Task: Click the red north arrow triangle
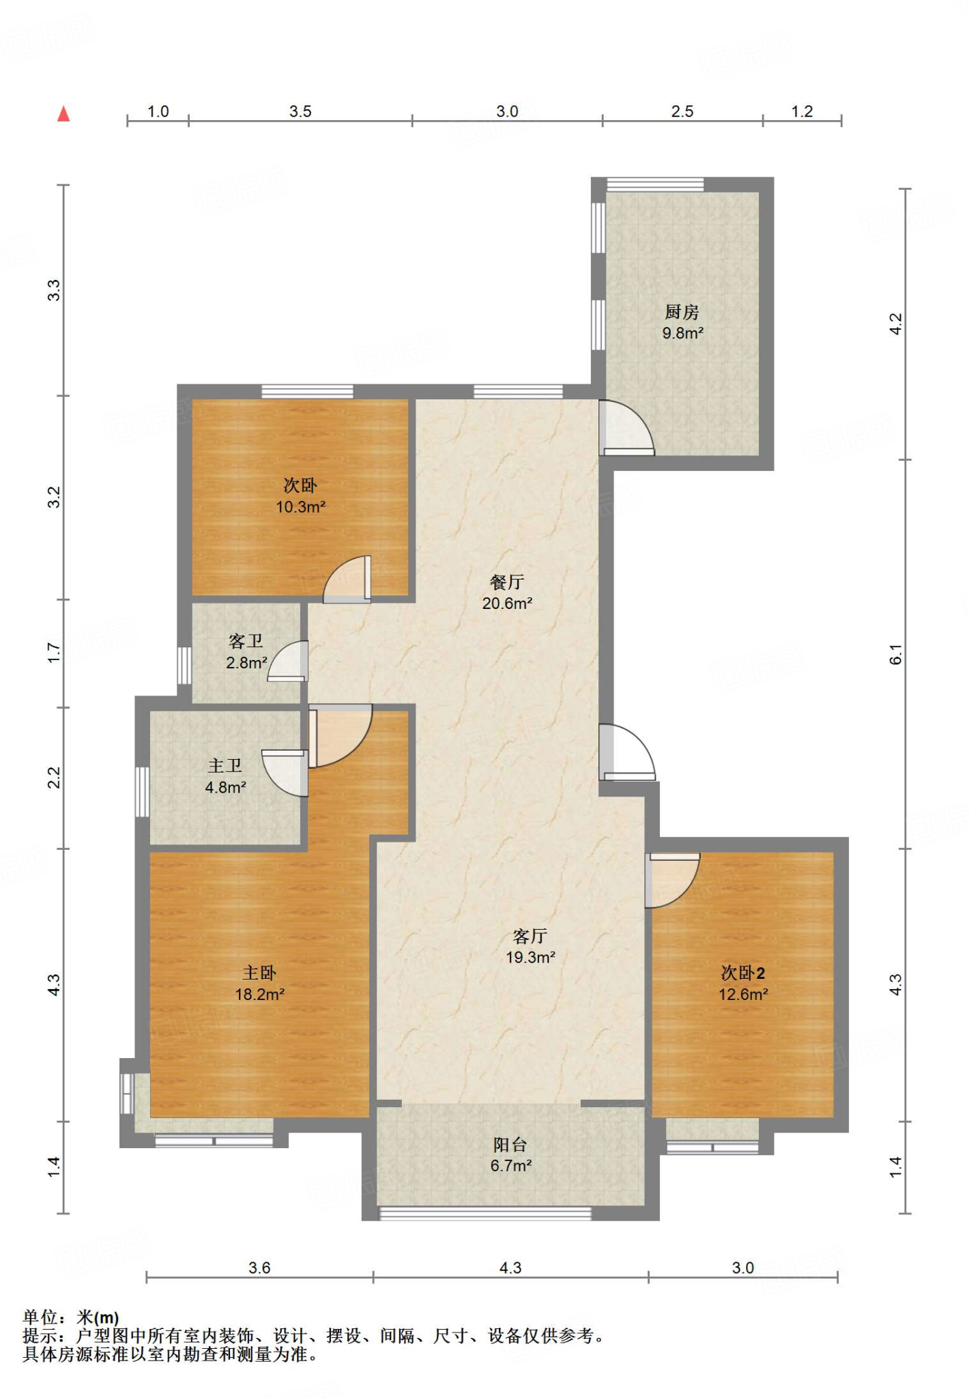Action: coord(63,113)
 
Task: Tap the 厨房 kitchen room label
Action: coord(682,312)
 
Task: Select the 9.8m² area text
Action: coord(682,333)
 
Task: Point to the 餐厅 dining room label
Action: coord(507,582)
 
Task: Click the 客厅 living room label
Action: coord(530,936)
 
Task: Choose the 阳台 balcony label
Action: coord(510,1144)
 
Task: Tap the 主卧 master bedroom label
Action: coord(259,973)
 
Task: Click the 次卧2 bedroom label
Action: coord(743,973)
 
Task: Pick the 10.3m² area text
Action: coord(300,507)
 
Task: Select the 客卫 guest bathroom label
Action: coord(246,641)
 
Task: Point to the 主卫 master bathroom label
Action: coord(225,766)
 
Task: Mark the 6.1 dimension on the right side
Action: coord(896,654)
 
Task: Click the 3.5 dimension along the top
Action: coord(300,111)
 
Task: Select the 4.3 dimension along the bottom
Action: coord(510,1268)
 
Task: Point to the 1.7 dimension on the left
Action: coord(54,653)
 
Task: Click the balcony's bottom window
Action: coord(485,1213)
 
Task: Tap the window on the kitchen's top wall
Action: coord(655,184)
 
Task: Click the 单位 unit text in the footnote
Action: coord(40,1317)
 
